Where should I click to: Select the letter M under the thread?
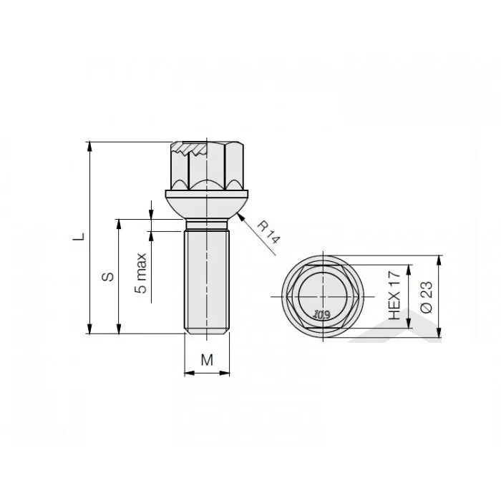pos(206,360)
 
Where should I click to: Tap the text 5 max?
pos(142,273)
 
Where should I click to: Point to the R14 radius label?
pos(268,233)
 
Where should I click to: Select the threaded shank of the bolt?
pos(206,279)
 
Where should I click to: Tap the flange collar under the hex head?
pos(206,194)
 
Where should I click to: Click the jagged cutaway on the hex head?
pos(189,151)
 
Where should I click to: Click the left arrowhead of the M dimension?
pos(188,373)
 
